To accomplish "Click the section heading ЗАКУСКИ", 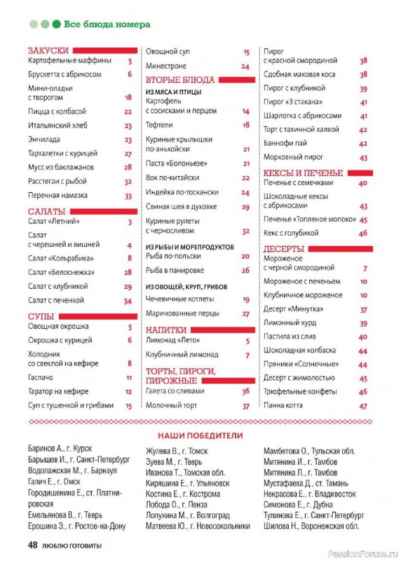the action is click(x=48, y=50).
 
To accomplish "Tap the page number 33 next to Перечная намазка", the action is click(x=128, y=196).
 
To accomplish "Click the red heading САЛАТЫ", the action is click(x=47, y=211).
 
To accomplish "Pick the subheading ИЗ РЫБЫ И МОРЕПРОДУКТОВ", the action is click(x=189, y=247).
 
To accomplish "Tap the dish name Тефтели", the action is click(x=158, y=125).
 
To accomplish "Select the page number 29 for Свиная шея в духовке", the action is click(x=246, y=207).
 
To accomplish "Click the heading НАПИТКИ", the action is click(x=166, y=329).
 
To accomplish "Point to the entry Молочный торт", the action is click(x=169, y=405).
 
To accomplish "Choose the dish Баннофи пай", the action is click(x=282, y=143).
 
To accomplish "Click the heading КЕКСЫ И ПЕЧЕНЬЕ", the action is click(x=303, y=173).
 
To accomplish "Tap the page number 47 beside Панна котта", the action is click(x=363, y=405).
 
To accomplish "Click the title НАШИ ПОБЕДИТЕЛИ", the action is click(x=199, y=435).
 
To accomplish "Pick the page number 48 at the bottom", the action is click(x=32, y=545).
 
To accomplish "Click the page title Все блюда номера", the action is click(x=107, y=24).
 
